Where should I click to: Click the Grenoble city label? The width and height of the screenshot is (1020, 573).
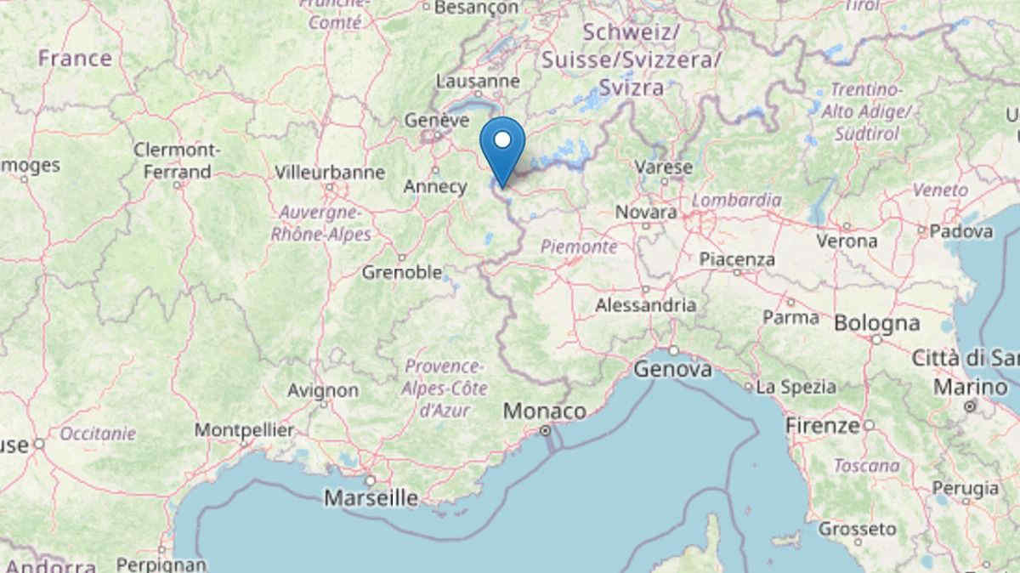pos(402,273)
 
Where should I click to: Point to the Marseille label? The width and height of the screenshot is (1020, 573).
pos(371,497)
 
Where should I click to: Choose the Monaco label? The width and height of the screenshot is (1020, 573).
pos(545,411)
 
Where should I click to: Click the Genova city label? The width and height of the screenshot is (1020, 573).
pos(673,369)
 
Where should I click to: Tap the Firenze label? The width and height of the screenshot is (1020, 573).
pos(823,425)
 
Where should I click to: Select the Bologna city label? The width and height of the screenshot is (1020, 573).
pos(876,323)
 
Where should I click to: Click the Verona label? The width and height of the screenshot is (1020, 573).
pos(847,241)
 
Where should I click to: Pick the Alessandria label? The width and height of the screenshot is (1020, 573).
pos(646,304)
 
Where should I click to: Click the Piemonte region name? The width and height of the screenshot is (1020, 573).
pos(579,247)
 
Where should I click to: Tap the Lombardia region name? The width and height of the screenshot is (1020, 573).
pos(736,201)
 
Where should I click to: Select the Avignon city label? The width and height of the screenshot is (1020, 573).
pos(323,391)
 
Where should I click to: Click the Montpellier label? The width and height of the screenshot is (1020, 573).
pos(244,430)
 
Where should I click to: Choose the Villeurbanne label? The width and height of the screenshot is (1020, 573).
pos(330,173)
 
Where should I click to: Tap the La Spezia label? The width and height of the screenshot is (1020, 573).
pos(796,387)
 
